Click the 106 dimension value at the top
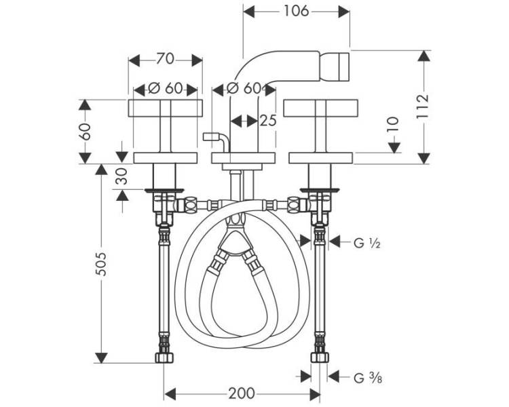click(x=296, y=12)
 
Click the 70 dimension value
click(x=165, y=60)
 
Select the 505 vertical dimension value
click(x=102, y=264)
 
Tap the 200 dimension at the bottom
click(x=242, y=393)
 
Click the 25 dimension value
click(x=268, y=121)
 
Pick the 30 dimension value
click(x=122, y=176)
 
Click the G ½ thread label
click(x=366, y=243)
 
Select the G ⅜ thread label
click(x=367, y=378)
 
